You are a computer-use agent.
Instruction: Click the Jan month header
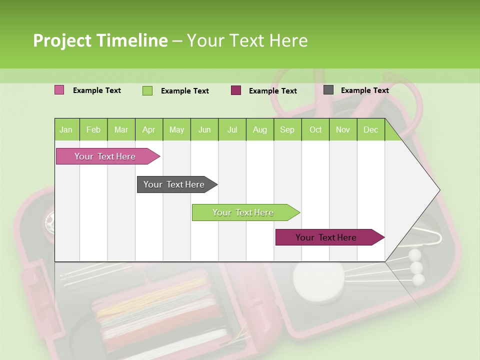tap(66, 130)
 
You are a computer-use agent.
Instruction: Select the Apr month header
tap(148, 130)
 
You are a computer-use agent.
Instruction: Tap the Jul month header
tap(232, 130)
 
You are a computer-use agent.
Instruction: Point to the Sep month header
tap(287, 130)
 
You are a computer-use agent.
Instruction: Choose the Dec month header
tap(370, 130)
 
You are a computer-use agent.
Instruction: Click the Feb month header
tap(93, 130)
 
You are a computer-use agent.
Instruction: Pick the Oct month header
tap(315, 130)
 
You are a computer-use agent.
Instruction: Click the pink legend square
tap(59, 90)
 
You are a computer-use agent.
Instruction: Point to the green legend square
tap(147, 90)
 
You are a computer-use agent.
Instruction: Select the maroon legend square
tap(236, 90)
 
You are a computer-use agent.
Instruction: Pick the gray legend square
tap(328, 90)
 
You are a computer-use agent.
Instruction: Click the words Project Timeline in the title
tap(100, 40)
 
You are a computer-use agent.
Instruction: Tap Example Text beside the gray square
tap(364, 90)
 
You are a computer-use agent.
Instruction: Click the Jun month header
tap(204, 130)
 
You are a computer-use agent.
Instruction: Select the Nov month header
tap(342, 130)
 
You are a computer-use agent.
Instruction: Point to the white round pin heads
tap(416, 267)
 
